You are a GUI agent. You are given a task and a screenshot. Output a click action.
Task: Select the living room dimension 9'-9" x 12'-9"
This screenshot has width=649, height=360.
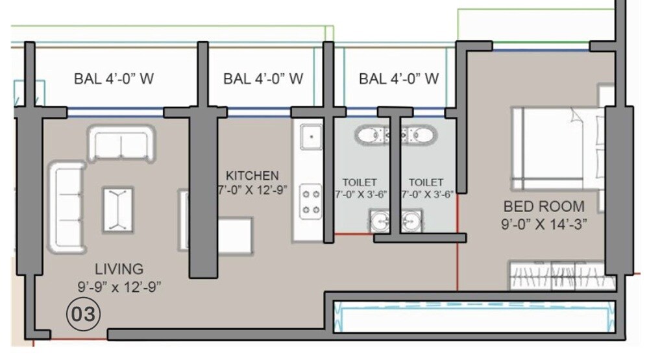click(x=119, y=285)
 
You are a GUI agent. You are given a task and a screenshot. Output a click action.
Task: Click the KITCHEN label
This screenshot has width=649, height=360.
click(x=252, y=176)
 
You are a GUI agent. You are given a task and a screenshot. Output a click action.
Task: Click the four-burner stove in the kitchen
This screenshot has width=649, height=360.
click(x=311, y=200)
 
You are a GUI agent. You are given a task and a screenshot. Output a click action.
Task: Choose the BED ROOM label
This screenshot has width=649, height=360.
click(x=545, y=207)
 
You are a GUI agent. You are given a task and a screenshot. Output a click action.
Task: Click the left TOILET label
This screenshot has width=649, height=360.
click(x=360, y=183)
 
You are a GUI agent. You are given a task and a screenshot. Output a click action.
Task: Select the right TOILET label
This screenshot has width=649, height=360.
click(x=426, y=183)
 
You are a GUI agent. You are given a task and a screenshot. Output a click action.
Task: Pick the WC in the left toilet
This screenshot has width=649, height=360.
click(x=370, y=136)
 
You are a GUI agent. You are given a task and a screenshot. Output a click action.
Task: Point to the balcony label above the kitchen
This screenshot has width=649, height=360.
click(x=263, y=79)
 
